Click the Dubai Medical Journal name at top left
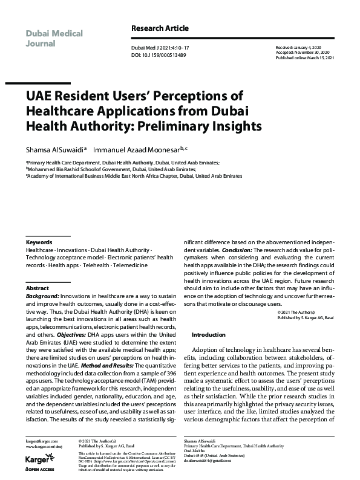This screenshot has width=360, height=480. point(54,38)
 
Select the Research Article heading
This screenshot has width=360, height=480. point(160,28)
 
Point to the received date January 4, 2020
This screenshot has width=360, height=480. point(312,46)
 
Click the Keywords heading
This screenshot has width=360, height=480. point(39,242)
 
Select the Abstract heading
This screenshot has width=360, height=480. point(38,288)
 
